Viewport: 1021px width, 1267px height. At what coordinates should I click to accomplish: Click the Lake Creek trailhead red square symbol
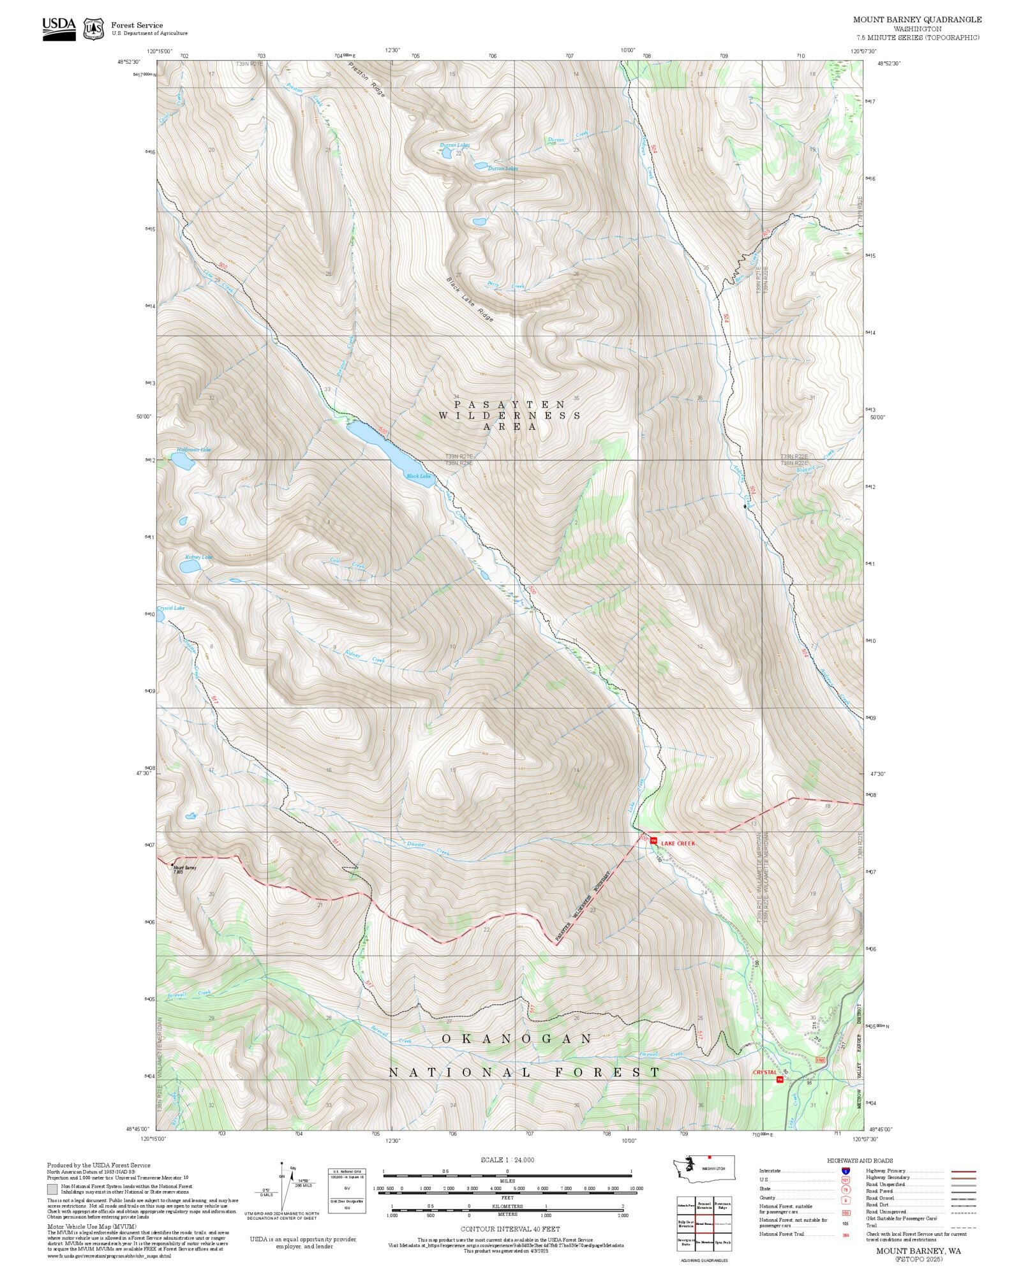(x=653, y=841)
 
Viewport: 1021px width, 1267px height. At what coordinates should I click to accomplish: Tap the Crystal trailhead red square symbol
(x=779, y=1079)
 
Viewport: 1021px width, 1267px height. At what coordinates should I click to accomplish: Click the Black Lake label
(x=419, y=476)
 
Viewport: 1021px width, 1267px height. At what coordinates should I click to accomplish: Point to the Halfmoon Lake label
(x=193, y=450)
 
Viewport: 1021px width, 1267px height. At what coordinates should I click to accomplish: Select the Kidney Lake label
(x=199, y=557)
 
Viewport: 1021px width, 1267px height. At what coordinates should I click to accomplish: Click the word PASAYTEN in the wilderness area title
(x=509, y=404)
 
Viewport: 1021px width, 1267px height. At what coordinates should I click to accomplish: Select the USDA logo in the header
(x=59, y=29)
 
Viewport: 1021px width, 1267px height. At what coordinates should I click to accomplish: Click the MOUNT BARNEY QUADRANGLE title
(x=917, y=20)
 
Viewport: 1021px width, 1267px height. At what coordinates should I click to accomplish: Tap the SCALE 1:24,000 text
(x=507, y=1160)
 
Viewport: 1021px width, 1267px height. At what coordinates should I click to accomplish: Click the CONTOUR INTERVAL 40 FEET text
(x=510, y=1229)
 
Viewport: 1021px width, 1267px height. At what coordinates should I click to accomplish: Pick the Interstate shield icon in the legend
(x=846, y=1171)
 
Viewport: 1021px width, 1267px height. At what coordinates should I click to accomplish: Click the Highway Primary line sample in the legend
(x=963, y=1171)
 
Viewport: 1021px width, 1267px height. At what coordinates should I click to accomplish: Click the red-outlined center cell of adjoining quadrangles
(x=704, y=1224)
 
